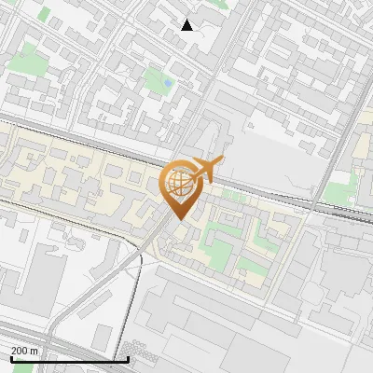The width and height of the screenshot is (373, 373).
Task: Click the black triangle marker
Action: pyautogui.click(x=187, y=25)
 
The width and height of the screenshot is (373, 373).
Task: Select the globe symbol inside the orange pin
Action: pyautogui.click(x=177, y=185)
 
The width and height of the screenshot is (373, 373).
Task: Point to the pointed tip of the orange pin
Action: pyautogui.click(x=177, y=220)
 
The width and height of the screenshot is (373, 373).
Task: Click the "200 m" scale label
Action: pyautogui.click(x=24, y=351)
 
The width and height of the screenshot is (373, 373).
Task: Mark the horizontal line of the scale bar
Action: pyautogui.click(x=69, y=359)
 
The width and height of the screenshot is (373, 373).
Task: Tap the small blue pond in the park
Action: pyautogui.click(x=167, y=83)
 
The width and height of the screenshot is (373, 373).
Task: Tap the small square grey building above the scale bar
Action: pyautogui.click(x=102, y=338)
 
